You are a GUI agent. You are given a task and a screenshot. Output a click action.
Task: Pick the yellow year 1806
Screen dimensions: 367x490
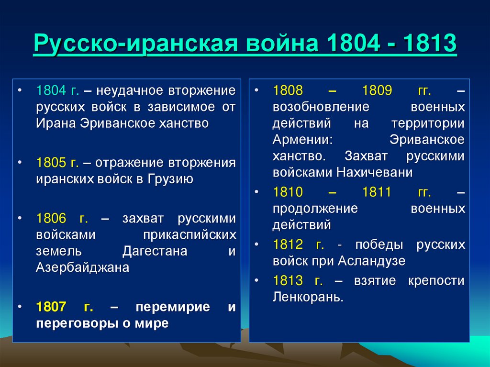click(x=51, y=219)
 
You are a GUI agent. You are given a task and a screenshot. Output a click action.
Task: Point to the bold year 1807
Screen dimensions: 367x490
click(x=51, y=307)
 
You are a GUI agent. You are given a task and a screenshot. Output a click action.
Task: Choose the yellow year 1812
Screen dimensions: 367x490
click(x=288, y=245)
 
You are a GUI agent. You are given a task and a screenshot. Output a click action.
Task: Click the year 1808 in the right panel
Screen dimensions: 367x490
click(x=288, y=90)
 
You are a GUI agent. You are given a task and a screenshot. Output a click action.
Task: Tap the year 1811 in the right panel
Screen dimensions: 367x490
click(x=377, y=193)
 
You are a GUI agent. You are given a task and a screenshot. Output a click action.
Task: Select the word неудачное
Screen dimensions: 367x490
click(x=129, y=90)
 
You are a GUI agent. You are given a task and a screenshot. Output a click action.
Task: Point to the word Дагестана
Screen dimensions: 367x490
click(x=155, y=251)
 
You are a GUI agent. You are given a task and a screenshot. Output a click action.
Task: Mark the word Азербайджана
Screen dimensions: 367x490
click(x=82, y=267)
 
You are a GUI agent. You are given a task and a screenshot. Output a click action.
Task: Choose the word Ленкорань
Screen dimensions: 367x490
click(x=308, y=297)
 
